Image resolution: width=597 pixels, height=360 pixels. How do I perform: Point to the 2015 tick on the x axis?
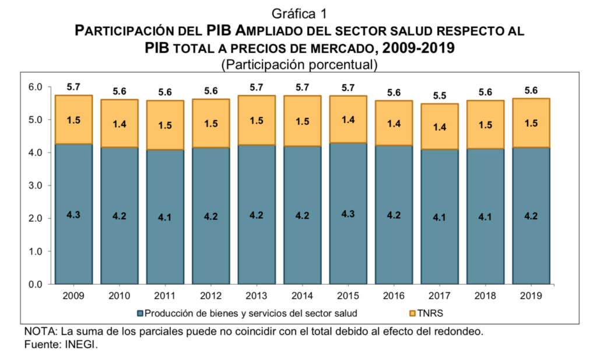point(347,296)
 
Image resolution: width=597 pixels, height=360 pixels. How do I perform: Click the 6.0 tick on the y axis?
point(36,88)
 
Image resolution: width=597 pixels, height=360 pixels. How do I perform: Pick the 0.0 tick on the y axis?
point(36,284)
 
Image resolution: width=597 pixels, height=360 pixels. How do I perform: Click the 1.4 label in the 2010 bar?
point(119,124)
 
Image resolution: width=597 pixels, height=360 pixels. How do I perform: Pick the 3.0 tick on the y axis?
point(36,186)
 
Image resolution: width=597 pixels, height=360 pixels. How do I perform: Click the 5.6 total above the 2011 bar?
point(164,92)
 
